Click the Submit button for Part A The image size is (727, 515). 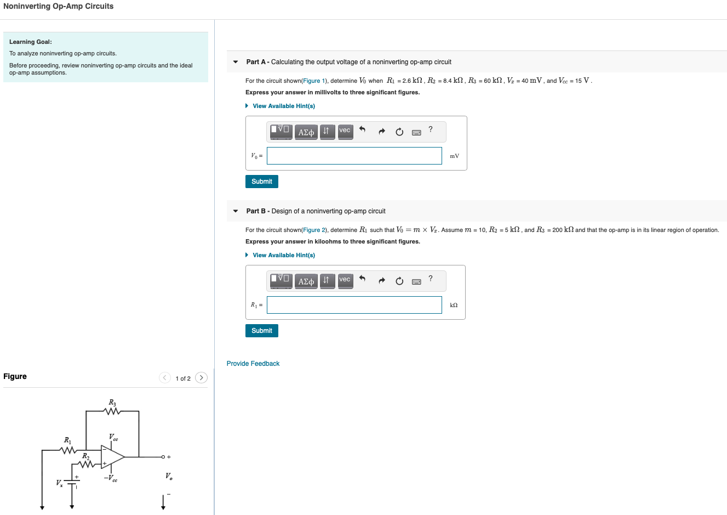click(x=261, y=182)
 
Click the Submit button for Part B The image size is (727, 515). click(x=261, y=331)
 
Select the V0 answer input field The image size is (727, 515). click(x=354, y=156)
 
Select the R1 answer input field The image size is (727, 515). click(x=354, y=305)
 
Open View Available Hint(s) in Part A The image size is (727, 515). click(x=283, y=106)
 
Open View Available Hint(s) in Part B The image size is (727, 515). click(x=283, y=255)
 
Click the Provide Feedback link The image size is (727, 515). click(x=253, y=364)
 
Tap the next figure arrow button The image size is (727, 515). click(x=202, y=377)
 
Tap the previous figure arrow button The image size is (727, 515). click(x=165, y=377)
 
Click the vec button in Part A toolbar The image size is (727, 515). click(x=345, y=131)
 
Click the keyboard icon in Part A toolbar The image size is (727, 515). click(x=416, y=132)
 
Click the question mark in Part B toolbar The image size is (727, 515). click(x=430, y=279)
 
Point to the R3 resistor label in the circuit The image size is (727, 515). click(x=112, y=403)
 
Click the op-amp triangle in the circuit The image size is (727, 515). click(x=112, y=456)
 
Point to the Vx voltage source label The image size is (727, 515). click(x=59, y=483)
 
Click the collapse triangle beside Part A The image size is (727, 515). click(x=236, y=62)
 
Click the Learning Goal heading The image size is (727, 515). click(x=31, y=42)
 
